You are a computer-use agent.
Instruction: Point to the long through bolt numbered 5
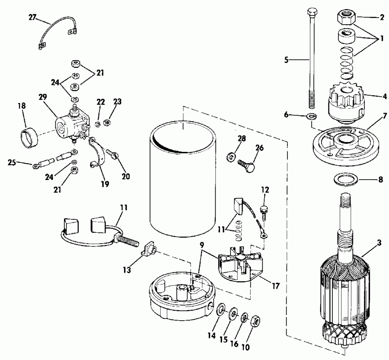pyautogui.click(x=311, y=65)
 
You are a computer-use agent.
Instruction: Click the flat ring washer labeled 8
pyautogui.click(x=344, y=179)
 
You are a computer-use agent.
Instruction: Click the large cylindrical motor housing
pyautogui.click(x=184, y=177)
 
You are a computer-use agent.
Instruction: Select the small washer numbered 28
pyautogui.click(x=231, y=156)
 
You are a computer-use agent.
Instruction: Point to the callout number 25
pyautogui.click(x=13, y=163)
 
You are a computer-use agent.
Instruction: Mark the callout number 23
pyautogui.click(x=117, y=102)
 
